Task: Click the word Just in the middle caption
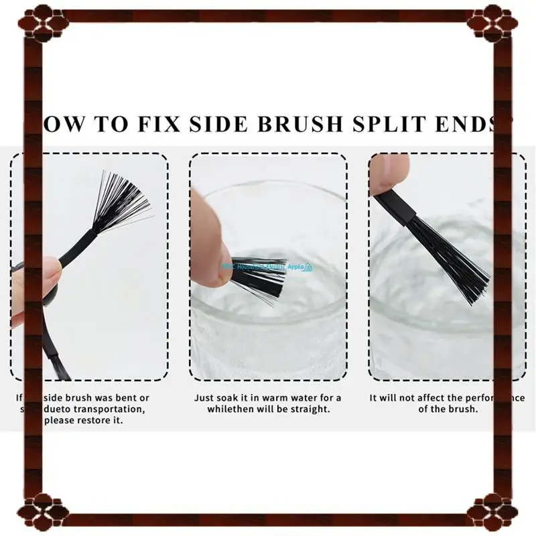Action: coord(204,397)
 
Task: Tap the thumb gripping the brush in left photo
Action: coord(37,281)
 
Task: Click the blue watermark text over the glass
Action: coord(268,267)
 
